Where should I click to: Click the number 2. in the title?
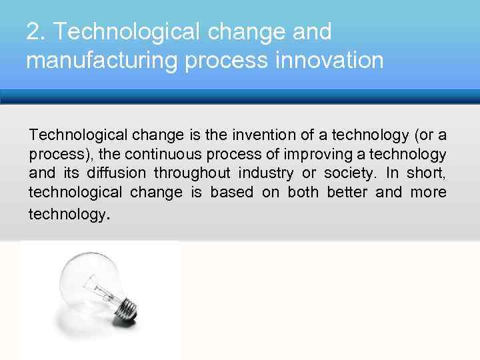click(35, 31)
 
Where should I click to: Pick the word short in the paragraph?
click(427, 173)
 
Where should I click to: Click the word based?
click(230, 193)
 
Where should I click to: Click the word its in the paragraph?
click(73, 173)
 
